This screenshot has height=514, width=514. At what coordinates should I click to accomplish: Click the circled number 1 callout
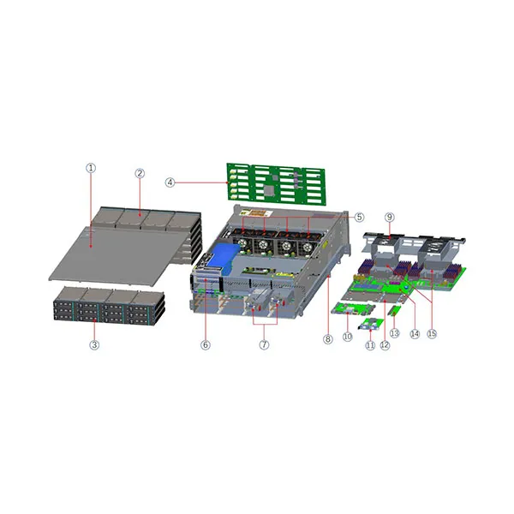point(90,169)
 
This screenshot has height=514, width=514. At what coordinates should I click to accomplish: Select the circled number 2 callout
point(140,173)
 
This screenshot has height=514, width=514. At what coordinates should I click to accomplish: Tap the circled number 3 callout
point(94,344)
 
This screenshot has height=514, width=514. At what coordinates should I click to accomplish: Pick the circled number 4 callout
point(170,182)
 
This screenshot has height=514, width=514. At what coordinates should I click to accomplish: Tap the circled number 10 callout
point(347,338)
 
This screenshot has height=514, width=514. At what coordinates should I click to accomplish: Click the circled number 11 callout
point(370,345)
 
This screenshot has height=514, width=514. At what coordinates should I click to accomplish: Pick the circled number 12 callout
point(385,345)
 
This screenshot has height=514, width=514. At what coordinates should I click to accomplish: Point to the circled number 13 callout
point(395,332)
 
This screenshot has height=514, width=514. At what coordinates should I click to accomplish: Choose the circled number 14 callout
point(415,334)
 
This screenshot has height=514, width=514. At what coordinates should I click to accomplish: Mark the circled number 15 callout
point(432,334)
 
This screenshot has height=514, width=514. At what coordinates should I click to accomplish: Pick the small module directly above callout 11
point(370,324)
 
